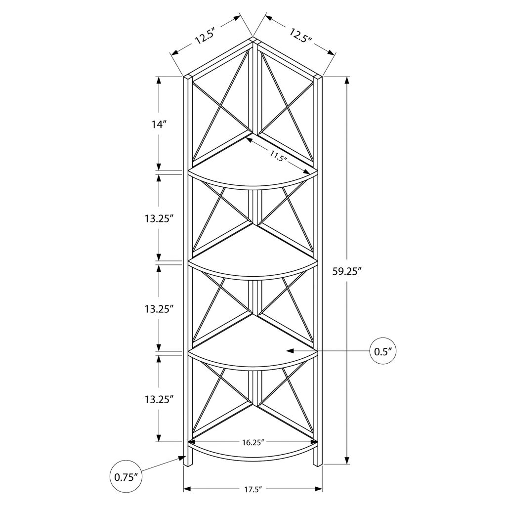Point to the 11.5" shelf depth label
coord(278,156)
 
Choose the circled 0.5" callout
coord(383,351)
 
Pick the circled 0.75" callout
coord(124,477)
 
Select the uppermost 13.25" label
coord(159,219)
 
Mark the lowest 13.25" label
coord(159,399)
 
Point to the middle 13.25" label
coord(159,309)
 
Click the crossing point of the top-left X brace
coord(221,104)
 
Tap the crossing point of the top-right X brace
coord(286,104)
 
